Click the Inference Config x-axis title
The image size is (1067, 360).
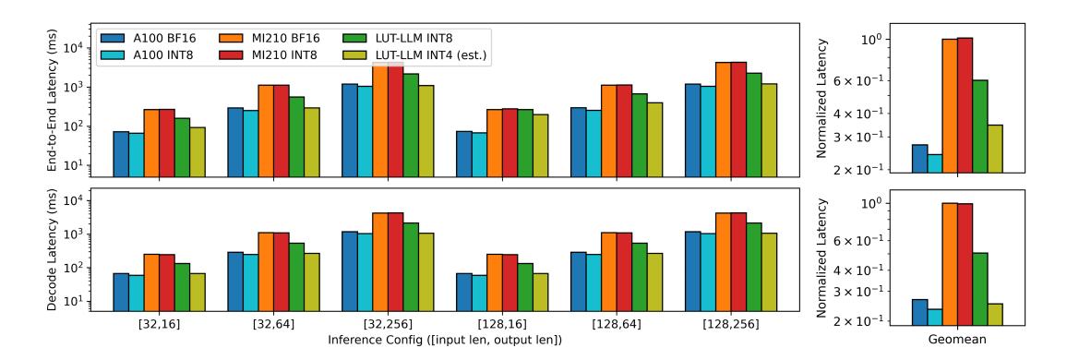[x=444, y=339]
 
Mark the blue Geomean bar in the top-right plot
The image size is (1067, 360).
[x=919, y=159]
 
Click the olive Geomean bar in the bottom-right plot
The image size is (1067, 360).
[x=995, y=315]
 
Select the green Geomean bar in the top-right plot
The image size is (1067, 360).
[x=980, y=126]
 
